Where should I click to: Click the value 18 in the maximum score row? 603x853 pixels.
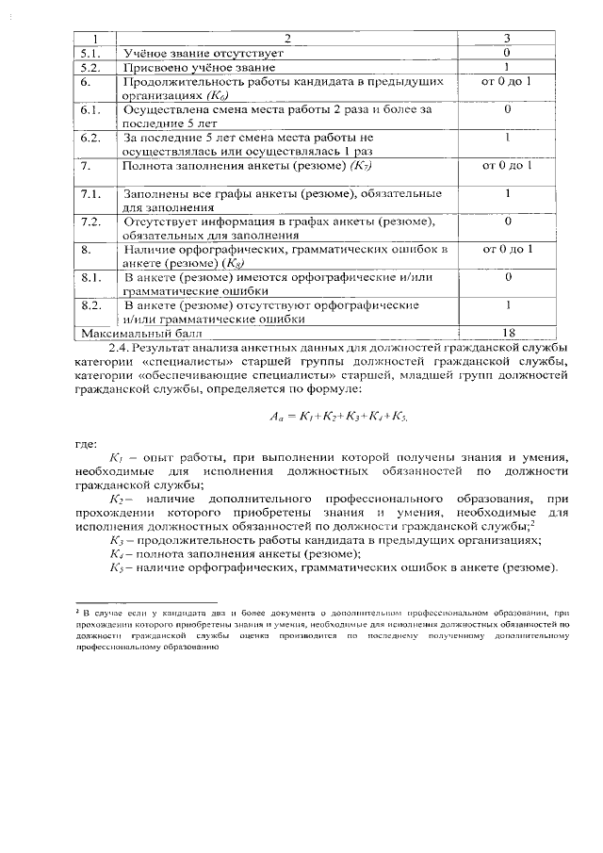(x=507, y=333)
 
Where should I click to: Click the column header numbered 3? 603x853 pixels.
(x=507, y=39)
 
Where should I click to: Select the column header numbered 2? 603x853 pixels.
(x=289, y=39)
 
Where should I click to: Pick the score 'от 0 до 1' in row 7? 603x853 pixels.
(x=507, y=167)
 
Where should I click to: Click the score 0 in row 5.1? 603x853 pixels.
(x=507, y=54)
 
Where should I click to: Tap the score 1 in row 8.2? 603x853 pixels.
(x=507, y=305)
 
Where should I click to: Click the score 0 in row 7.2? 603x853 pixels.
(x=507, y=221)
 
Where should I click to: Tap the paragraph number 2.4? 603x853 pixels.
(x=121, y=348)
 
